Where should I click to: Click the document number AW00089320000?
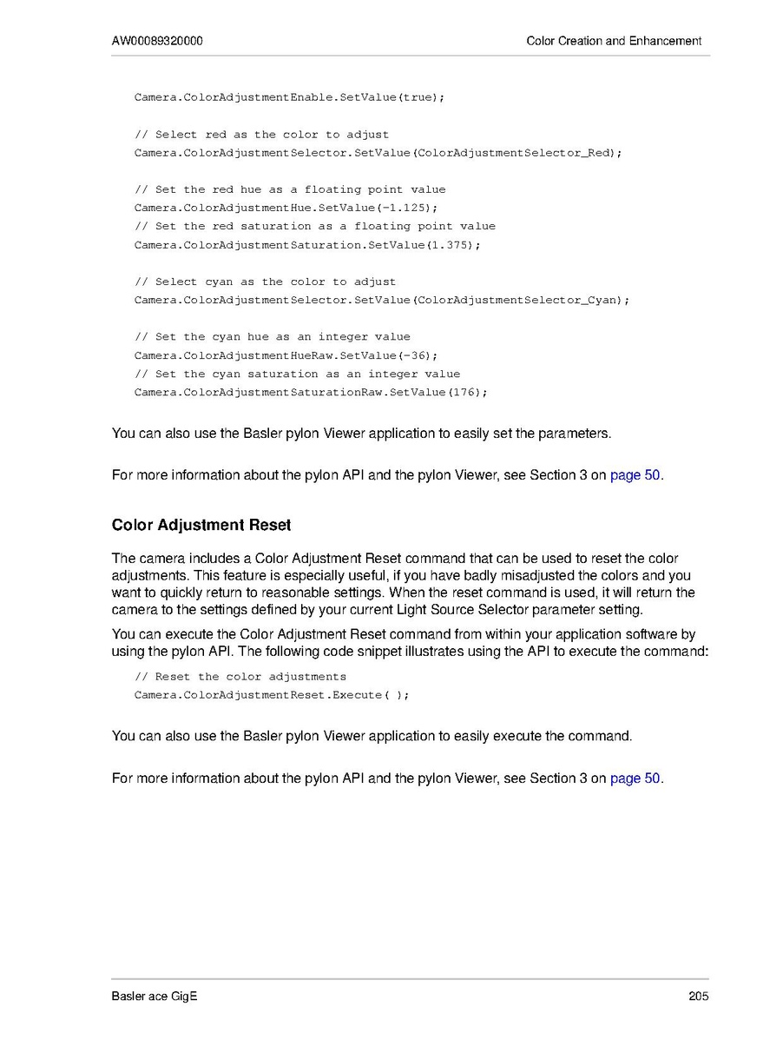[x=158, y=41]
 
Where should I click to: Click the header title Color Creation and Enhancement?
[x=614, y=41]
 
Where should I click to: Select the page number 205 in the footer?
[x=699, y=996]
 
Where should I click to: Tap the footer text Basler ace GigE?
[x=155, y=996]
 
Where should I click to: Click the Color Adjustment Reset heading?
[x=201, y=526]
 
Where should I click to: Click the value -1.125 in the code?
[x=406, y=209]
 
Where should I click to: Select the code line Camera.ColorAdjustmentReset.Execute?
[x=271, y=695]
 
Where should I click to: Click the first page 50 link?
[x=635, y=475]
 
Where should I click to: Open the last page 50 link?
[x=635, y=778]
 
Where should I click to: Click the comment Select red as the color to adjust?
[x=261, y=135]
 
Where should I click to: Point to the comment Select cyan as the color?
[x=265, y=282]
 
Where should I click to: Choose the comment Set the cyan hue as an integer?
[x=273, y=337]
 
